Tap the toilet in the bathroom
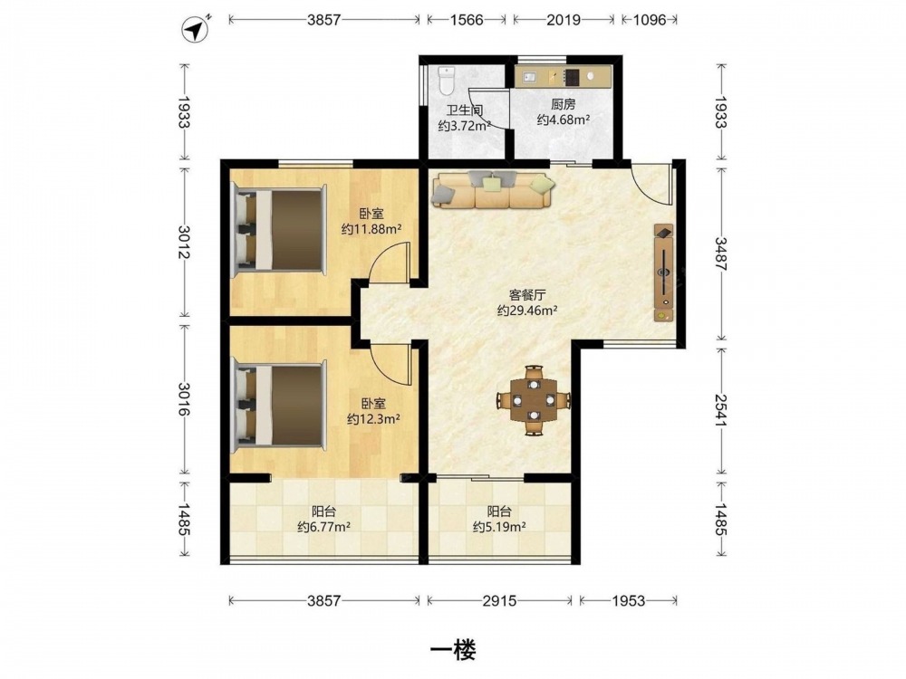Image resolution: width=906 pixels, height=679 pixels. point(447,81)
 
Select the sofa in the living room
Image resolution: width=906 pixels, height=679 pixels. point(493,189)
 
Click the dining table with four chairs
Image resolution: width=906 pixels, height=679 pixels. point(534,400)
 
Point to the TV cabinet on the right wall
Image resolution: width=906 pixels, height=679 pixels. point(664,273)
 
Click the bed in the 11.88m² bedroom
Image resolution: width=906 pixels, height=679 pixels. point(279,230)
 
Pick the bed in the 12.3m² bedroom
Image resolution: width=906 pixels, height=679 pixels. point(279,406)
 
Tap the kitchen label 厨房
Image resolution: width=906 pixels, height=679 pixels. point(563,104)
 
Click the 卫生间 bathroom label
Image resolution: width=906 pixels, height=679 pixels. point(464,110)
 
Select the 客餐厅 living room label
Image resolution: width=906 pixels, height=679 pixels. point(527,295)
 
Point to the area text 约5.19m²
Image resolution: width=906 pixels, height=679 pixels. point(499,527)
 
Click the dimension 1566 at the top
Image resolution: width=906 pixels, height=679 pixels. point(467,20)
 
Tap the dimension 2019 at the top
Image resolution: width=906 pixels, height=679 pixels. point(564,20)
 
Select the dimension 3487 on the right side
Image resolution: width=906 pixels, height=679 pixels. point(720,254)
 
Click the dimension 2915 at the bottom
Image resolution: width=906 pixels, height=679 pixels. point(499,601)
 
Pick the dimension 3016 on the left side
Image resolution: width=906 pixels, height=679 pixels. point(184,399)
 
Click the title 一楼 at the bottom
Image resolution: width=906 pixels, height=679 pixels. point(453,651)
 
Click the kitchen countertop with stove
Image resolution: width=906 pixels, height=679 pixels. point(562,77)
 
